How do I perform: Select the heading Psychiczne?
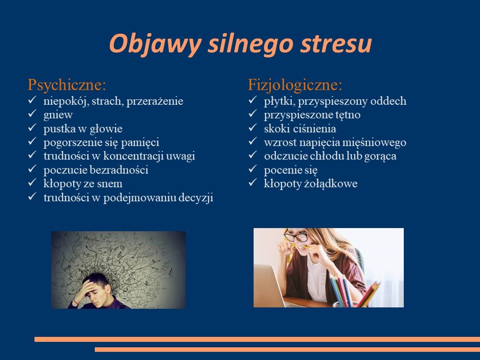coord(67,85)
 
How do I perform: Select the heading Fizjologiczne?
coord(295,85)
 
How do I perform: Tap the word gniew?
coord(58,115)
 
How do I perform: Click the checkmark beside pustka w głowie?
coord(32,128)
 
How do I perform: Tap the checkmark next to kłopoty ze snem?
coord(32,183)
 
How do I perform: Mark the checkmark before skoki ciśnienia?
coord(253,128)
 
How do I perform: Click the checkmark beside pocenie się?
coord(253,169)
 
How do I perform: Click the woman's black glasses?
coord(296,236)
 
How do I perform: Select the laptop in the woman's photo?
coord(269,284)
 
